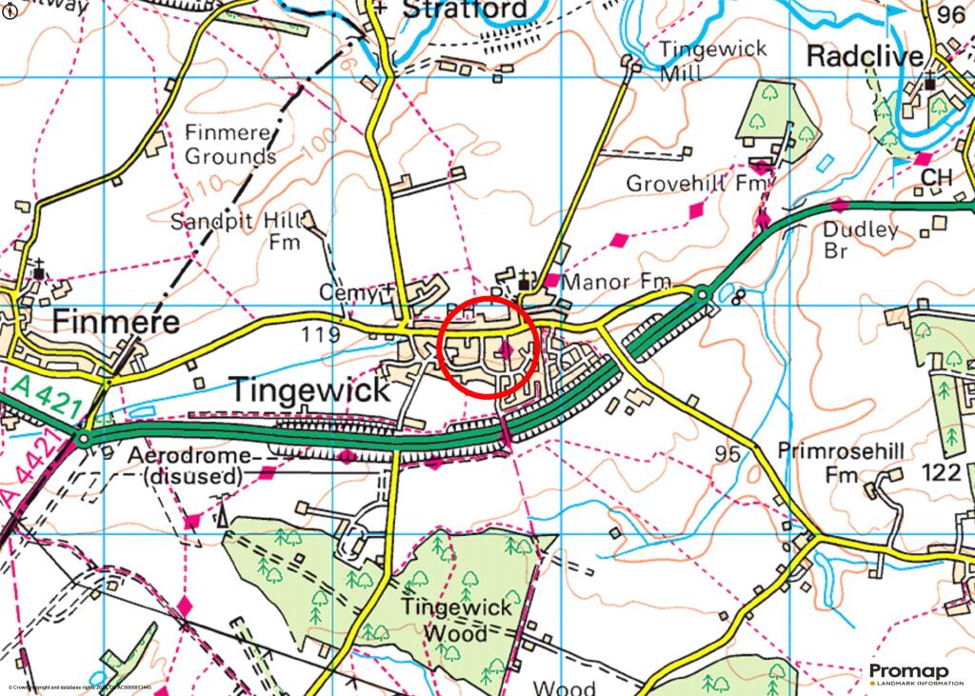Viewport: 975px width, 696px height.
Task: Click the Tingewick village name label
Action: pyautogui.click(x=309, y=389)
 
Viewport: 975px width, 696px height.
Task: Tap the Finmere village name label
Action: pyautogui.click(x=115, y=322)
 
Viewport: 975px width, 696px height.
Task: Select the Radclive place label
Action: pyautogui.click(x=865, y=56)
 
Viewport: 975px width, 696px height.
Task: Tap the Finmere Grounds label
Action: pyautogui.click(x=230, y=144)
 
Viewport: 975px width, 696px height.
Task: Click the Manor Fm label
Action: pyautogui.click(x=617, y=283)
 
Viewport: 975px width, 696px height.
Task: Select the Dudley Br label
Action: pyautogui.click(x=861, y=240)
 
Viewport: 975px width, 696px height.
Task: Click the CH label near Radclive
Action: pyautogui.click(x=936, y=178)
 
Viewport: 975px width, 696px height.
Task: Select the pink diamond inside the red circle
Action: pyautogui.click(x=506, y=351)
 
